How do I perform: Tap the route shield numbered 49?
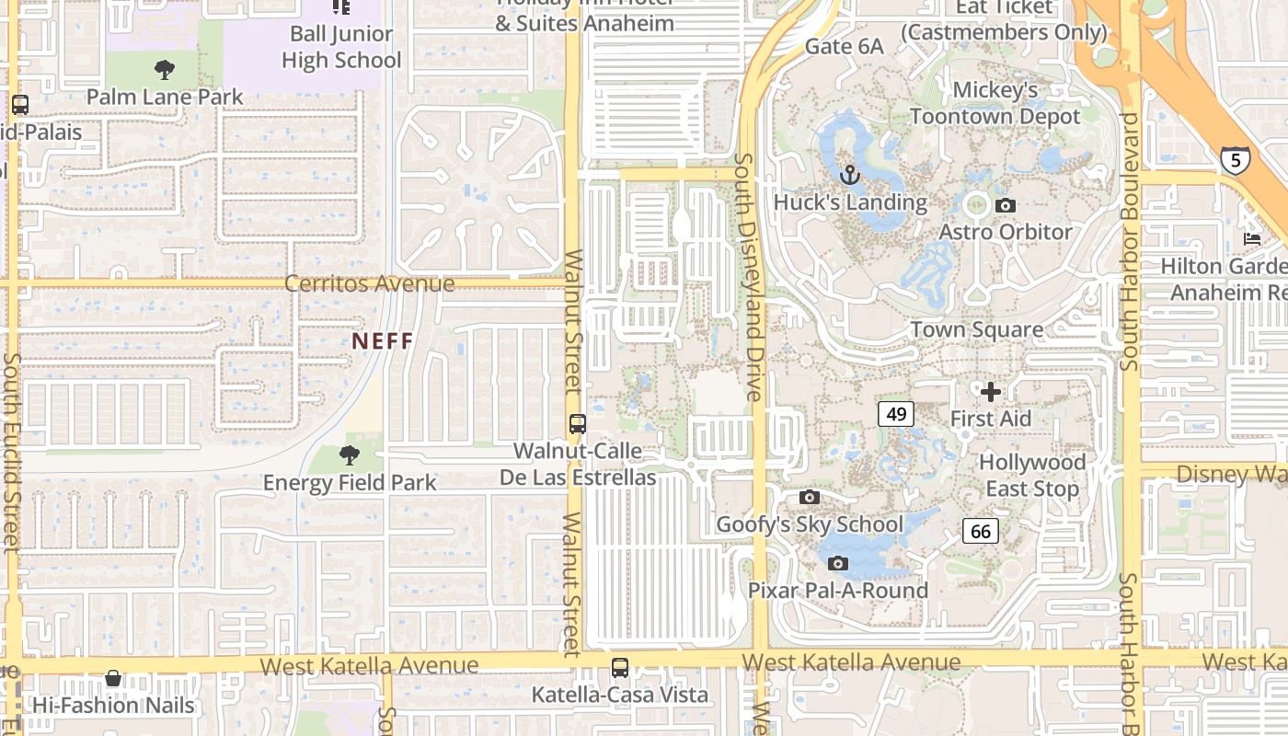pos(896,414)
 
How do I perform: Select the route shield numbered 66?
pos(981,531)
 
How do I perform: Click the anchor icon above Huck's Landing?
pos(850,175)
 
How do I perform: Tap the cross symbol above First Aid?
pos(991,393)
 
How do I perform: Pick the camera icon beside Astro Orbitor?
pos(1006,205)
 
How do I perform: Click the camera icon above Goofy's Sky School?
pos(810,498)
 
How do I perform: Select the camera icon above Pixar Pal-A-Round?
pos(837,563)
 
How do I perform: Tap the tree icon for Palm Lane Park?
pos(165,69)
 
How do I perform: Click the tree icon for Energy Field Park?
pos(349,454)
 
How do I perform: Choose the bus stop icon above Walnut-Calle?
pos(578,424)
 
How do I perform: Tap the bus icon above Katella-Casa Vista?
pos(620,668)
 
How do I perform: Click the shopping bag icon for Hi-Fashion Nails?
pos(113,679)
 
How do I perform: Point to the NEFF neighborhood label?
pos(383,340)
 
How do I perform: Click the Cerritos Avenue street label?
pos(369,283)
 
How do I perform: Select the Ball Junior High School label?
pos(341,47)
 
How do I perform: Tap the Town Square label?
pos(977,329)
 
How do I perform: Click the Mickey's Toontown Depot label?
pos(995,103)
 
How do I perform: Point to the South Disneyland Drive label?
pos(749,276)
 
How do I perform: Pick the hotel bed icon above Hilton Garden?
pos(1252,238)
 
